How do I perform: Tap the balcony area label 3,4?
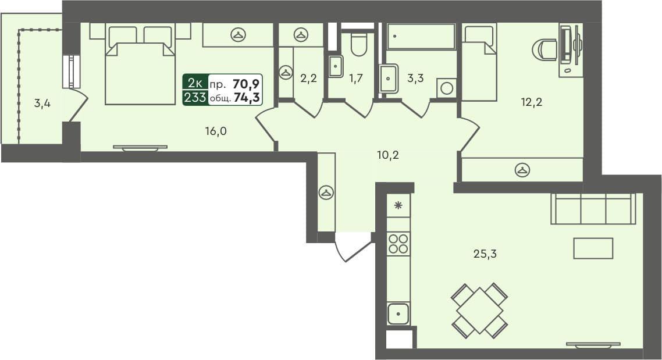click(x=41, y=105)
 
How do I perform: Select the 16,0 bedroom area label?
click(x=215, y=131)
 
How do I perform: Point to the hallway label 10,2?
click(x=389, y=155)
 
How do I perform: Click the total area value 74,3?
click(x=247, y=98)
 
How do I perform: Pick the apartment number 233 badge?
click(x=195, y=98)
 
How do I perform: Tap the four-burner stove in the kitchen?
click(x=398, y=243)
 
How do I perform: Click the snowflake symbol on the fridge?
click(x=398, y=205)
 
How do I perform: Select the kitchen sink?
click(x=398, y=314)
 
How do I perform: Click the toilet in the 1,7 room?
click(x=359, y=44)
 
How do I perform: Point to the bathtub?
click(x=421, y=36)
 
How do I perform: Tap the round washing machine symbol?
click(x=447, y=88)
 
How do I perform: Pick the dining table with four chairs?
click(x=480, y=311)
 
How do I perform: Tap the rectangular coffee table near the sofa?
click(x=593, y=248)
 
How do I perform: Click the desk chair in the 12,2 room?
click(x=544, y=49)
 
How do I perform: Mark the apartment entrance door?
click(x=354, y=247)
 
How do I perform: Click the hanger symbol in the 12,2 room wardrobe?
click(x=522, y=170)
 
